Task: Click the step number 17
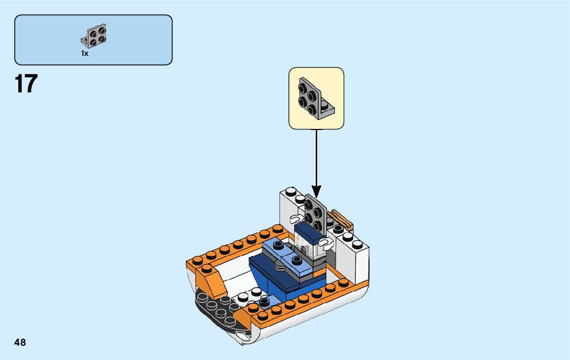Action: (26, 84)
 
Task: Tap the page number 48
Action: (20, 342)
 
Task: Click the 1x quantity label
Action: (84, 53)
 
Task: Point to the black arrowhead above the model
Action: (316, 192)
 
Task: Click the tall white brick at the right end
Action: (357, 259)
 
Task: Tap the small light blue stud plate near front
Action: (264, 302)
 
